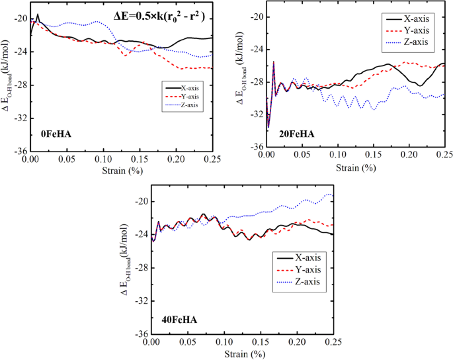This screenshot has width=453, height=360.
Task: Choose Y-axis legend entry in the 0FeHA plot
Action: (x=192, y=96)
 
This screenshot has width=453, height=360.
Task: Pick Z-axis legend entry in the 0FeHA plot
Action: (x=192, y=104)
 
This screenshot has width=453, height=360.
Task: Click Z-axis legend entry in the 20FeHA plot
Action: (x=415, y=42)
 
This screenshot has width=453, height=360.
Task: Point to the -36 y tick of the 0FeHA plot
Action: (x=20, y=150)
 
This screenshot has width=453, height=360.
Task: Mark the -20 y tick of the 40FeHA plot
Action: (x=142, y=202)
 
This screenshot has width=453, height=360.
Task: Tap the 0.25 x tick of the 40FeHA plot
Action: (x=332, y=343)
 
